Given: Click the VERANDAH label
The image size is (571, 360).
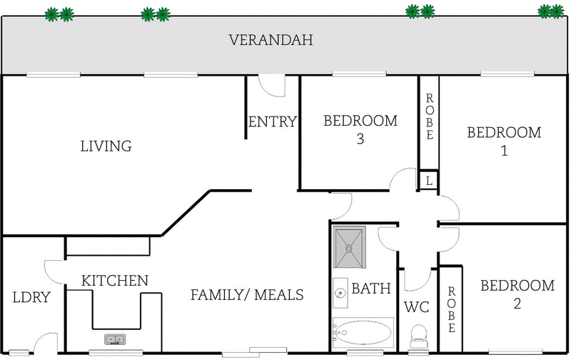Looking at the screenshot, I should [x=271, y=40].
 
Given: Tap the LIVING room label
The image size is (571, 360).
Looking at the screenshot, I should [x=106, y=146].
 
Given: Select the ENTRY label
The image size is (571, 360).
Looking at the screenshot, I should [x=272, y=122].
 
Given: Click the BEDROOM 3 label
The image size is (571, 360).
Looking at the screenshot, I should [x=360, y=129].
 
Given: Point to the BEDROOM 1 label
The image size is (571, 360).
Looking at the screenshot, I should [x=504, y=141].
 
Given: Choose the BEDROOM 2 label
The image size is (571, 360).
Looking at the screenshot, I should [x=517, y=294].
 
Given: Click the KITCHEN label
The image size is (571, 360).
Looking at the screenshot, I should [x=114, y=281].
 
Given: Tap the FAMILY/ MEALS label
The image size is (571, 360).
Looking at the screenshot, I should [x=247, y=295].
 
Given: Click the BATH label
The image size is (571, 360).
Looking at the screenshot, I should [x=371, y=289].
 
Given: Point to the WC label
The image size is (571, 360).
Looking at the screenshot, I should [x=416, y=309].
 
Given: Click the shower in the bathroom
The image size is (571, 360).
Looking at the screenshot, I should [x=350, y=246].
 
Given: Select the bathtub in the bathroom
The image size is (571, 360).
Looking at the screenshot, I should [x=363, y=333].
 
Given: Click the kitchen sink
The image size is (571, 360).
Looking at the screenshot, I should [x=115, y=339].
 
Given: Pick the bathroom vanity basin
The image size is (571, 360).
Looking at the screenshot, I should [x=340, y=293].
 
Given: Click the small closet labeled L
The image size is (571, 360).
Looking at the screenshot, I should [x=428, y=181].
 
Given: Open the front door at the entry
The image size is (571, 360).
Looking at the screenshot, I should [x=272, y=84].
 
